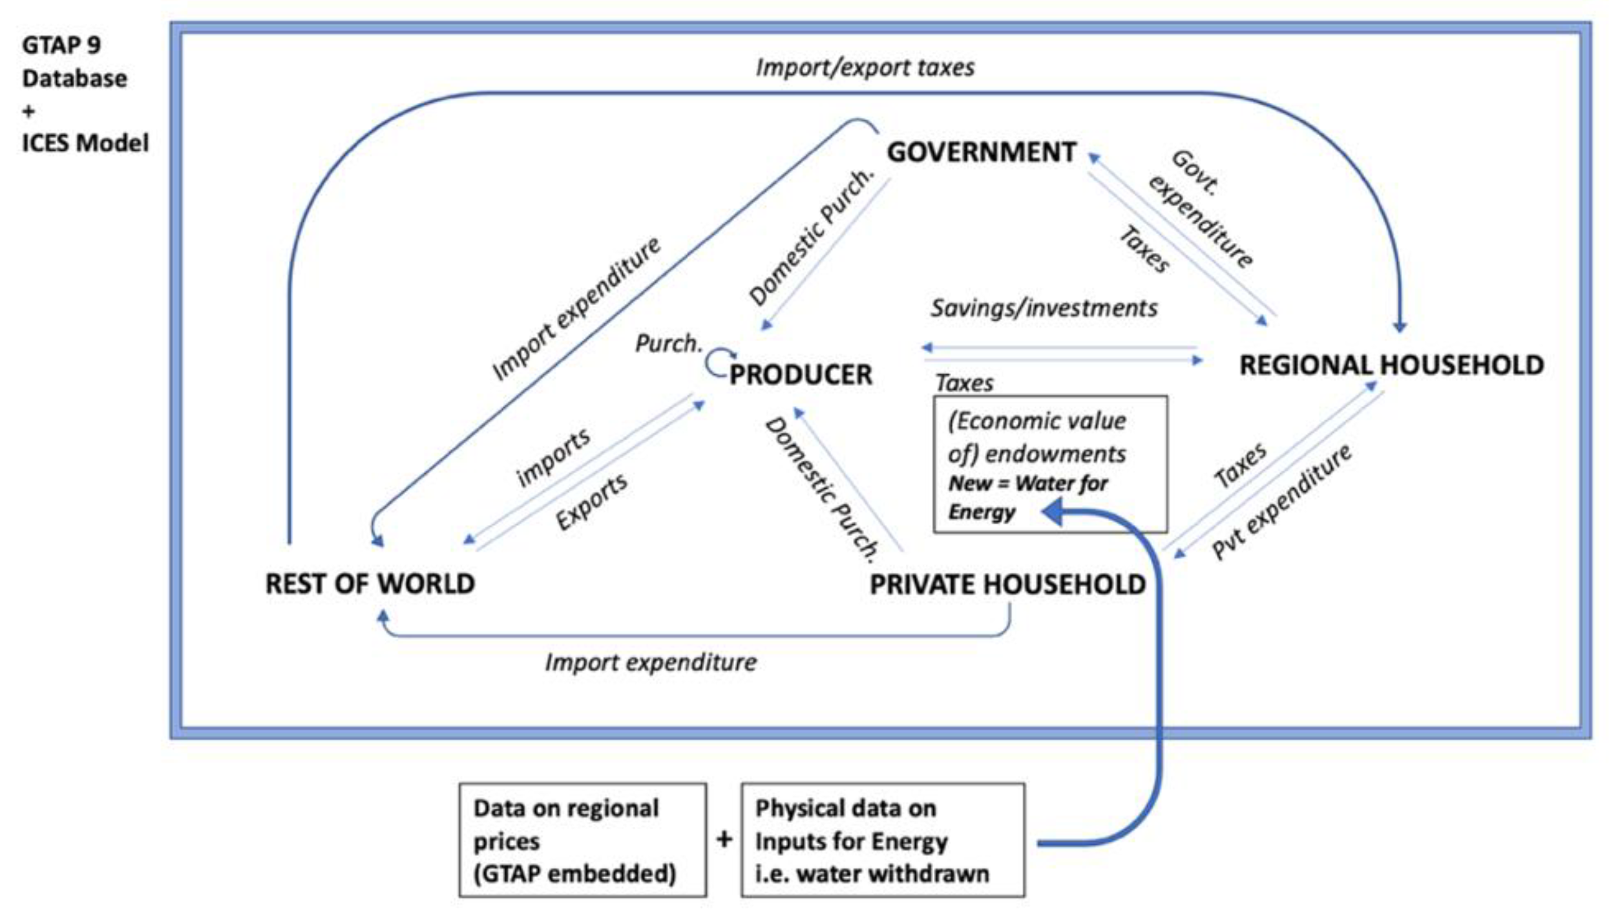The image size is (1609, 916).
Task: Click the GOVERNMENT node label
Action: [x=981, y=153]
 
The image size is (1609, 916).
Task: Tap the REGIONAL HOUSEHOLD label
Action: [x=1391, y=365]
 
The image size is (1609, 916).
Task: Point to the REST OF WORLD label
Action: [x=370, y=584]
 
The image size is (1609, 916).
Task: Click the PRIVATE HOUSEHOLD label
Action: [x=1007, y=584]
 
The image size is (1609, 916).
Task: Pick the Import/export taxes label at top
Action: [x=865, y=67]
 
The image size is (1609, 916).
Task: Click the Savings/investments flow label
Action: [x=1044, y=308]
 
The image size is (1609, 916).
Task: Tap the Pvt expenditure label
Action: [x=1281, y=502]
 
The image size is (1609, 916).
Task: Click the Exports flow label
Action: [x=591, y=501]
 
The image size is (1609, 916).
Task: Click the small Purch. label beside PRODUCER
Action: [x=668, y=343]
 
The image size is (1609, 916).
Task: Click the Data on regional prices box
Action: [x=582, y=840]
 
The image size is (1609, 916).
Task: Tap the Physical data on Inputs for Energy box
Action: [x=883, y=840]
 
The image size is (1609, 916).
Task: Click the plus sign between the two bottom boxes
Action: [x=724, y=839]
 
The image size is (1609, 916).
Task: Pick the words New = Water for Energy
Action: [x=1027, y=497]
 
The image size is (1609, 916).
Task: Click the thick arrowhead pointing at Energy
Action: [x=1053, y=513]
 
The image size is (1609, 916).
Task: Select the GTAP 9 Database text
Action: [x=74, y=62]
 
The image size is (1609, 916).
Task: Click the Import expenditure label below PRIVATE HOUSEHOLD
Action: [x=650, y=663]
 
